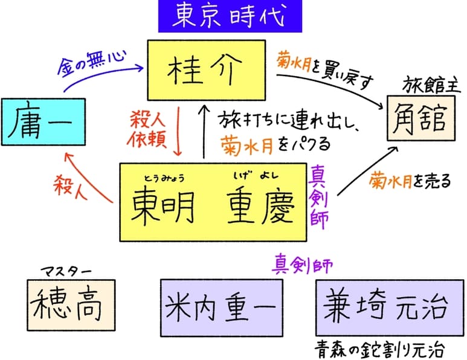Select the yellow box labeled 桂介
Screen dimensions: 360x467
pyautogui.click(x=205, y=70)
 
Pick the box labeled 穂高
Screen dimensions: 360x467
pyautogui.click(x=71, y=303)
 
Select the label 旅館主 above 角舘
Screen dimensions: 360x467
pyautogui.click(x=428, y=84)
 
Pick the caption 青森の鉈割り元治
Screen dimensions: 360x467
pyautogui.click(x=380, y=349)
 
